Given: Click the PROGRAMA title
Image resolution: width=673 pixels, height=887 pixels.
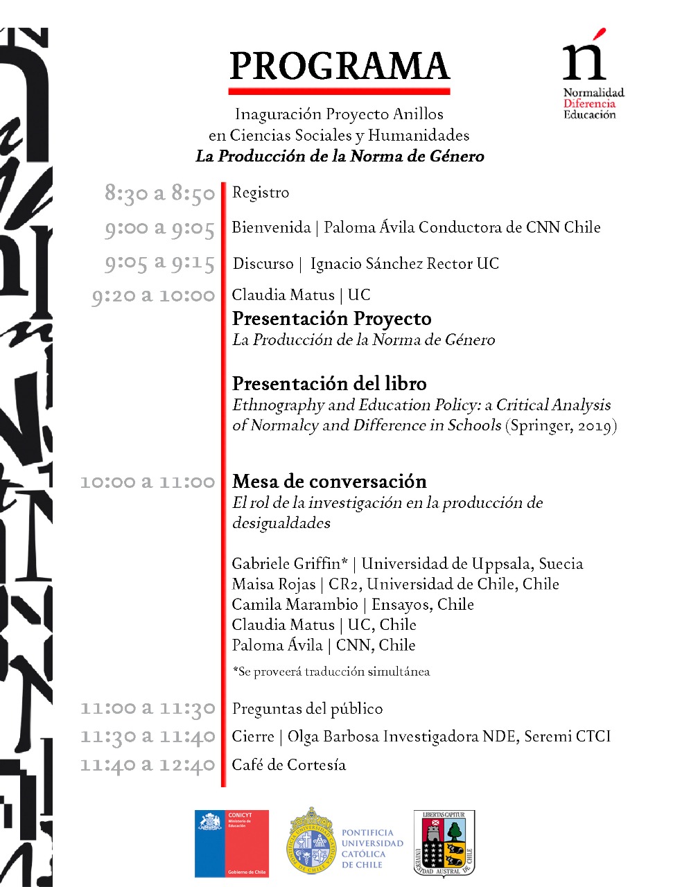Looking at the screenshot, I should [x=339, y=67].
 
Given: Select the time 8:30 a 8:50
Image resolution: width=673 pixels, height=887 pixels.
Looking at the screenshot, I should [x=159, y=193].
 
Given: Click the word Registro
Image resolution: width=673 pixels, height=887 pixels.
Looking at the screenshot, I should [x=261, y=193].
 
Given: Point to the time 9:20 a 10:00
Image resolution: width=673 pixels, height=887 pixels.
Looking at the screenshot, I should [x=153, y=296].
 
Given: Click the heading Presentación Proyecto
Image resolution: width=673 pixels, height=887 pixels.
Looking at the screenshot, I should [x=331, y=319].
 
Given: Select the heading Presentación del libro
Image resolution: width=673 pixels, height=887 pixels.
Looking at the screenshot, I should [x=329, y=383].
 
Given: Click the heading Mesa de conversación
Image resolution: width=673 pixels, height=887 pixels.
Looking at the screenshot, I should [x=329, y=481].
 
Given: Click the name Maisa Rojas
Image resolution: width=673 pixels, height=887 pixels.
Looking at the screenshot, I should [x=273, y=583].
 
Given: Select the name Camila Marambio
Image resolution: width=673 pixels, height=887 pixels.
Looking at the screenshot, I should [x=295, y=604].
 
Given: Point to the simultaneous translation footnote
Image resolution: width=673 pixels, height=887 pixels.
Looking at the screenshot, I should [x=331, y=671].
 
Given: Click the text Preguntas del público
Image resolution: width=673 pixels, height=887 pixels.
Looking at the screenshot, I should [x=307, y=708].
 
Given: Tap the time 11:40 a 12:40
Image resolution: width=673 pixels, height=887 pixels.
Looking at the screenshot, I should [x=148, y=765].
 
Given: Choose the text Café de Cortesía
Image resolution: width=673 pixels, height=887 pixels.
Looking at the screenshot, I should [x=288, y=764].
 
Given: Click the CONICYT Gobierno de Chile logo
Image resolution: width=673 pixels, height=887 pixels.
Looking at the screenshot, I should [x=231, y=843].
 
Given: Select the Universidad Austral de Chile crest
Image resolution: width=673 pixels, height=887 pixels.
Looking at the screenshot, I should [x=444, y=843].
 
